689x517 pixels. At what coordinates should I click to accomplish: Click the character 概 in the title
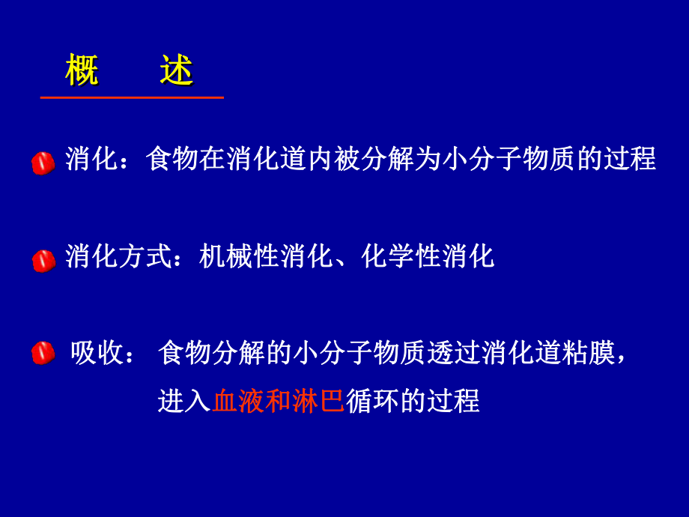pyautogui.click(x=82, y=70)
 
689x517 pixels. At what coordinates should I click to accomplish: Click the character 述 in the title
pyautogui.click(x=177, y=70)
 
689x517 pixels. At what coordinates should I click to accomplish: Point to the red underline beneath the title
pyautogui.click(x=132, y=97)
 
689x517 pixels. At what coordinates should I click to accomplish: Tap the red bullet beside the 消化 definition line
pyautogui.click(x=43, y=162)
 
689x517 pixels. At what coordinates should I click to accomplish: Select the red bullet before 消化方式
pyautogui.click(x=43, y=261)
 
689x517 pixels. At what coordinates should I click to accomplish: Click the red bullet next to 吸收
pyautogui.click(x=43, y=353)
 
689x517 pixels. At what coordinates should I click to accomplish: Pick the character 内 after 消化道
pyautogui.click(x=321, y=160)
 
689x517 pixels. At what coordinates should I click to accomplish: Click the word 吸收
pyautogui.click(x=97, y=353)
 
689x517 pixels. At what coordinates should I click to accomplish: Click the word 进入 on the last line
pyautogui.click(x=184, y=401)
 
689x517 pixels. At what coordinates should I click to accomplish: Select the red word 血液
pyautogui.click(x=239, y=401)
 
